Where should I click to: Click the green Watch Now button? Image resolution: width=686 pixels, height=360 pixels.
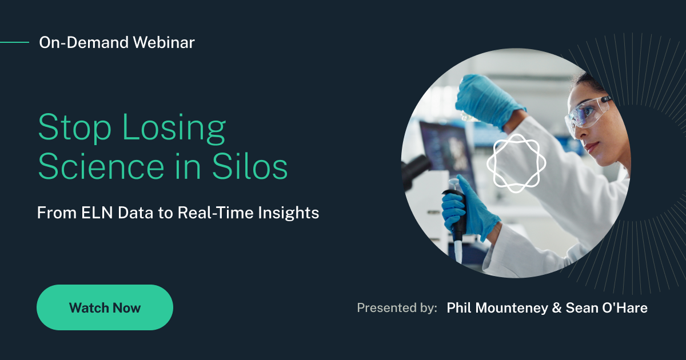(x=105, y=307)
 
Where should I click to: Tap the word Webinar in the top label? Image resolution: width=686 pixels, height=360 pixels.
(x=164, y=42)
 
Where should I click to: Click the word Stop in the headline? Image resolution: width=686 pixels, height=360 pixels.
(x=74, y=127)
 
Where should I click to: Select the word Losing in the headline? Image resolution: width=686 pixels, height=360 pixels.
(x=174, y=128)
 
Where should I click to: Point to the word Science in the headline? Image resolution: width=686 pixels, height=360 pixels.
(x=101, y=167)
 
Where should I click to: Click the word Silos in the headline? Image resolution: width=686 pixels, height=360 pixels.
(x=250, y=166)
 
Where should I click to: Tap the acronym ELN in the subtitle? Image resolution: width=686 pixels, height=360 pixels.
(x=97, y=213)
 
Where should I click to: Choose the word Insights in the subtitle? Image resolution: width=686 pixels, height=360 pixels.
(x=289, y=213)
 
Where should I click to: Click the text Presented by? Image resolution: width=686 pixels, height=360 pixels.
(x=397, y=308)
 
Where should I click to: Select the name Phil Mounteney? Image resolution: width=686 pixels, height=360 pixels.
(x=497, y=308)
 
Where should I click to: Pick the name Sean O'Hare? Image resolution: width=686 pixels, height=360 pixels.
(x=607, y=307)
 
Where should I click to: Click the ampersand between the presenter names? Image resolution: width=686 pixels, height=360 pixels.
(x=557, y=308)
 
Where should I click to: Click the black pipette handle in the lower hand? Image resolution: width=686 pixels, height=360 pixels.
(x=456, y=214)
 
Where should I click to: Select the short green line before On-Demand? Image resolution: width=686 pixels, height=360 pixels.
(x=14, y=42)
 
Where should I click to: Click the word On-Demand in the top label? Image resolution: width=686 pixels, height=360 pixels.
(x=83, y=42)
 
